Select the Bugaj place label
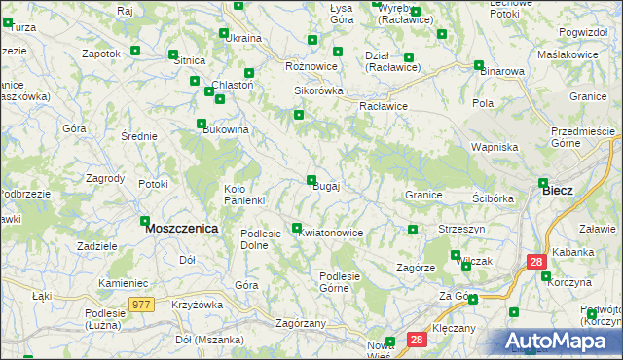(325, 187)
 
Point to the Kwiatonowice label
(331, 234)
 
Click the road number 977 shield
(141, 305)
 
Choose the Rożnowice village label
(311, 66)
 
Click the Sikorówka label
(319, 90)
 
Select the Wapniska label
(494, 147)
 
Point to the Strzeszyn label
(461, 228)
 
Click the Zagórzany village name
(300, 322)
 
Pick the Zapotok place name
(101, 54)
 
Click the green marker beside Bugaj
(311, 180)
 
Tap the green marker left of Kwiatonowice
(297, 228)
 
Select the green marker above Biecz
(543, 182)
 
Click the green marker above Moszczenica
(145, 221)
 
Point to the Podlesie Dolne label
(261, 238)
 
